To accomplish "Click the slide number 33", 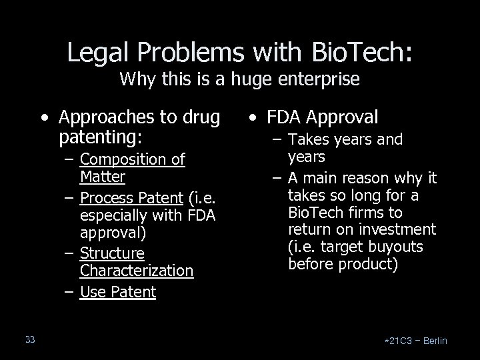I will pos(30,340).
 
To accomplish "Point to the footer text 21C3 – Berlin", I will pos(417,341).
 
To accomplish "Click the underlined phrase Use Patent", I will pos(117,292).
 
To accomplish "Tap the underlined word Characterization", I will pos(136,271).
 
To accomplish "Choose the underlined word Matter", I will pos(102,177).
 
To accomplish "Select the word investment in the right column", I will pos(397,230).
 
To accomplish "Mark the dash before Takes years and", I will pos(277,140).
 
